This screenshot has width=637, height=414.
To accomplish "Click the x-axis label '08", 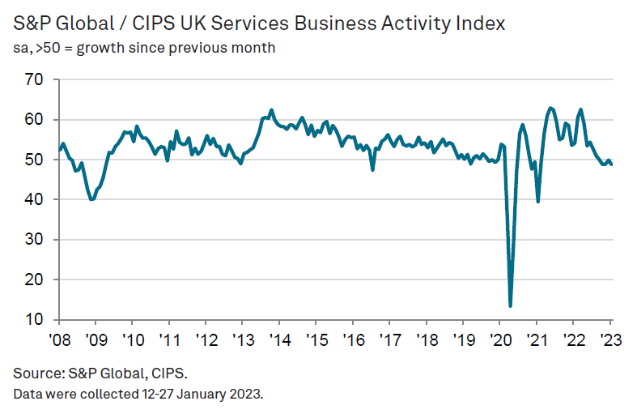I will (58, 339).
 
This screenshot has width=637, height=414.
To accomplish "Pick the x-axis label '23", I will (610, 339).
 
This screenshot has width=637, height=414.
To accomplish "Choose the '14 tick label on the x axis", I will (278, 339).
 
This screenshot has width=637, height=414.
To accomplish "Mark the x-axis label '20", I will (499, 339).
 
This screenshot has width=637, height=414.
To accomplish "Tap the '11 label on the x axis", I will (168, 339).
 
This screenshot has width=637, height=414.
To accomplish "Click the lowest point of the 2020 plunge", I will (510, 306).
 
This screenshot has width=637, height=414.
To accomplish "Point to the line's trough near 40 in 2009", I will (91, 199).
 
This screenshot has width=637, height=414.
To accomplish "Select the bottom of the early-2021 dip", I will (538, 202).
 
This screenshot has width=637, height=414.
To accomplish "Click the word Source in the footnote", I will (36, 374).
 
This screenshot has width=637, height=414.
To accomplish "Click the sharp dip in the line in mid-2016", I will (372, 170).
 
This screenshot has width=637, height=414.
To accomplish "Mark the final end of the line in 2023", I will (612, 164).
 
